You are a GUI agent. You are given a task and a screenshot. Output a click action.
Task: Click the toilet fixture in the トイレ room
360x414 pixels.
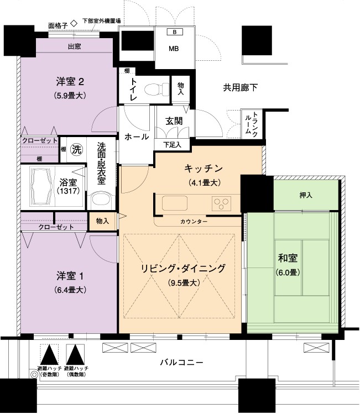click(x=156, y=90)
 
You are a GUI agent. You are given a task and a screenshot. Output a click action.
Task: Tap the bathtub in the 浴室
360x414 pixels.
click(x=41, y=186)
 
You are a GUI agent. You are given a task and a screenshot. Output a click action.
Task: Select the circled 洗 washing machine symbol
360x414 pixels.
click(x=76, y=150)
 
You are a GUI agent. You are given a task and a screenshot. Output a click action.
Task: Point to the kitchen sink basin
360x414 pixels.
click(x=175, y=203)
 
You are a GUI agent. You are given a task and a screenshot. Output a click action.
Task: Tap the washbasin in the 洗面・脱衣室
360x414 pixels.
click(x=101, y=201)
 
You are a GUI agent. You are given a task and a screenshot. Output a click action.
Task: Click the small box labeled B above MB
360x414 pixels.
click(x=174, y=32)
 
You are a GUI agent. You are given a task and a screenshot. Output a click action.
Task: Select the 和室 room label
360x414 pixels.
click(x=288, y=258)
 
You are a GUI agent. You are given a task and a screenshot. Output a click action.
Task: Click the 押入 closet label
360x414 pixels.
click(x=306, y=195)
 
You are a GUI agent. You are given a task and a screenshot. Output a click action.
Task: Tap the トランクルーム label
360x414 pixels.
click(x=251, y=124)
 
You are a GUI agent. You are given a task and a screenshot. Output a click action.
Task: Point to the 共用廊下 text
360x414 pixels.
click(x=240, y=87)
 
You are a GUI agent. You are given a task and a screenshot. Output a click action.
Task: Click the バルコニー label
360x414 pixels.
click(x=182, y=362)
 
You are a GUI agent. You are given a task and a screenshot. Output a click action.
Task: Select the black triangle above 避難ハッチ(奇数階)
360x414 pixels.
click(x=49, y=354)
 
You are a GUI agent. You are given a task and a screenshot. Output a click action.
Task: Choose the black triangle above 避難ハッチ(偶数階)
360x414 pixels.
click(x=75, y=354)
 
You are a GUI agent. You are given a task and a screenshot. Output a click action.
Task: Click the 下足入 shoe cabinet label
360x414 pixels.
click(x=172, y=145)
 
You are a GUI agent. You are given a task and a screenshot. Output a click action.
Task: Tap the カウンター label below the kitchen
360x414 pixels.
click(x=194, y=222)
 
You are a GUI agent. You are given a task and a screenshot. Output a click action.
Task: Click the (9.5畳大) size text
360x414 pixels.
click(x=184, y=283)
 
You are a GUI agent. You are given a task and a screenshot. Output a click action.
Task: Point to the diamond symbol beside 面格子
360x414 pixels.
click(x=74, y=24)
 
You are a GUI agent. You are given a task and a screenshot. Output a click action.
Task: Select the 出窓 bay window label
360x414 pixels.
click(x=75, y=47)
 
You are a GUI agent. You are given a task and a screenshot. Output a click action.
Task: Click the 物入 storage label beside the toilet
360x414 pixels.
click(x=181, y=88)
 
